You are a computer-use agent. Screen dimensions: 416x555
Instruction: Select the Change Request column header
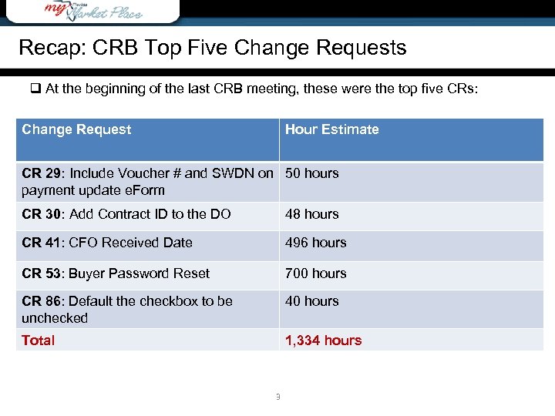point(76,129)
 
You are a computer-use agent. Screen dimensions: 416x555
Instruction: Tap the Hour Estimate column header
point(331,129)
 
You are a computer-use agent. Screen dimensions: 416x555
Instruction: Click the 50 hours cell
point(311,173)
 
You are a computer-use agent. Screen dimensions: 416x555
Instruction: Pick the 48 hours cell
point(311,214)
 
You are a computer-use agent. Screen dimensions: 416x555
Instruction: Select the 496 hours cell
point(315,243)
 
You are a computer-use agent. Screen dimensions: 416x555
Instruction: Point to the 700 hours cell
point(315,273)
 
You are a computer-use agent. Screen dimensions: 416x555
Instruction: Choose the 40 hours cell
point(311,301)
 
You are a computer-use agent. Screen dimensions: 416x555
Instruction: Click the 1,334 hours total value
point(323,341)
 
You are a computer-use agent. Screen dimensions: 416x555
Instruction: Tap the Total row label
point(38,341)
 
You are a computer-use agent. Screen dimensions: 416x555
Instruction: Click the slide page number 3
point(277,398)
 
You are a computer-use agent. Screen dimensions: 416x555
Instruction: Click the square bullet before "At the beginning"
point(35,89)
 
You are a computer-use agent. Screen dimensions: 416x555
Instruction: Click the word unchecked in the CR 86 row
point(55,318)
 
